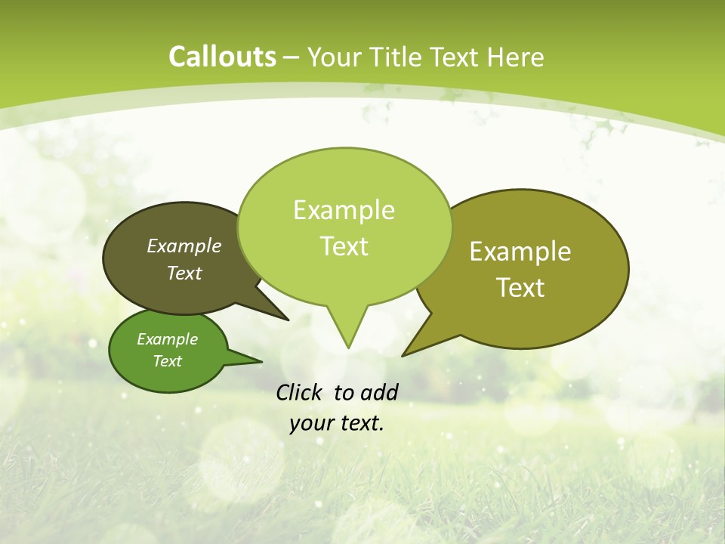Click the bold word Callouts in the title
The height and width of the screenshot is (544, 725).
[222, 57]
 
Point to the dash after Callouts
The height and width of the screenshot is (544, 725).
[292, 57]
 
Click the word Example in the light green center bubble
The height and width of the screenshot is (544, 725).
[344, 210]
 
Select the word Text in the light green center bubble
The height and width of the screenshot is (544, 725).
[344, 246]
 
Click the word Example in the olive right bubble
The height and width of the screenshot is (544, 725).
[520, 251]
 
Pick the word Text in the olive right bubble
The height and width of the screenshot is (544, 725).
[520, 287]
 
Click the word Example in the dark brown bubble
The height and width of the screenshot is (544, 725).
[184, 246]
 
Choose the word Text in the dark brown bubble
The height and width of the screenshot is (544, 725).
[184, 273]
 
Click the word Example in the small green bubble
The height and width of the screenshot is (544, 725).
[167, 339]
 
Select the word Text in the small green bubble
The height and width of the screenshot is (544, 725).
[167, 361]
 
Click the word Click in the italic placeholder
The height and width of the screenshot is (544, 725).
[301, 392]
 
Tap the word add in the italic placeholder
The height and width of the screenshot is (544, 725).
[378, 392]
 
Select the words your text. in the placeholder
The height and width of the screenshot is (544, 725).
[337, 423]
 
